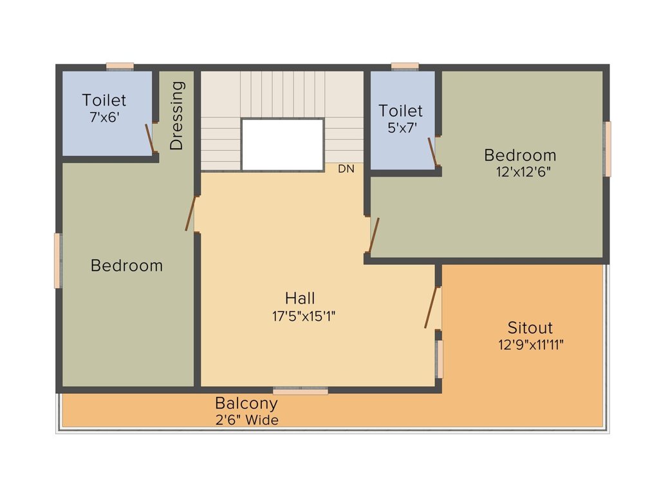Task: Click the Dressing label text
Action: tap(177, 115)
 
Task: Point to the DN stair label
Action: tap(346, 170)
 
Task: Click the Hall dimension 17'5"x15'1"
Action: tap(301, 316)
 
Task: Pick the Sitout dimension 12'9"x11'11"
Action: tap(530, 344)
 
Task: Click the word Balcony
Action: tap(246, 404)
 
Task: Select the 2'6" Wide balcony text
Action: tap(246, 420)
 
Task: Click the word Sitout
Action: tap(530, 327)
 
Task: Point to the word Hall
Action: tap(301, 298)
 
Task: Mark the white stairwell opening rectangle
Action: tap(283, 144)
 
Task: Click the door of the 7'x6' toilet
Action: tap(149, 137)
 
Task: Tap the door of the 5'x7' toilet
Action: tap(433, 151)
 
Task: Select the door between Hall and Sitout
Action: tap(432, 308)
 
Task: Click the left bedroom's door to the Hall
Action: tap(190, 214)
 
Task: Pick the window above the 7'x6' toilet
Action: tap(120, 66)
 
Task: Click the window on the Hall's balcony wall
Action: tap(301, 390)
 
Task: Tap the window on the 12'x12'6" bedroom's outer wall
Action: tap(607, 149)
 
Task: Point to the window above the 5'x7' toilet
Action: tap(405, 66)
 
